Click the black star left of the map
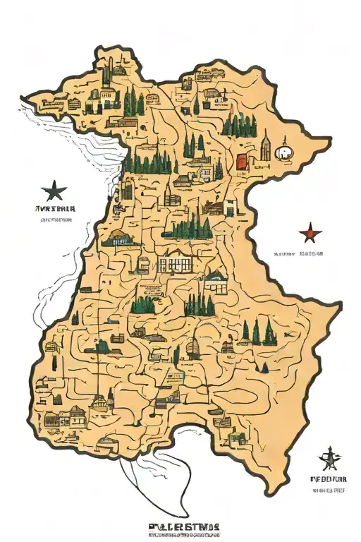(54, 191)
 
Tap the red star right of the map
(310, 232)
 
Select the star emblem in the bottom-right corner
(327, 459)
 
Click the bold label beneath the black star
(55, 209)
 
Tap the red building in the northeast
(242, 162)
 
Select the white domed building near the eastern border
(283, 152)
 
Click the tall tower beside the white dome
(266, 149)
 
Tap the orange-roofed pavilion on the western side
(121, 239)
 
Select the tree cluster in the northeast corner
(240, 126)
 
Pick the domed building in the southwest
(101, 403)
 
